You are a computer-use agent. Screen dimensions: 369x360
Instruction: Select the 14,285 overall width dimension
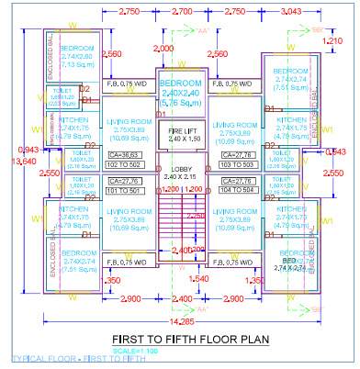[x=181, y=322]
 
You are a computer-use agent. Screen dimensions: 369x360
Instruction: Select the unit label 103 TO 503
[x=240, y=164]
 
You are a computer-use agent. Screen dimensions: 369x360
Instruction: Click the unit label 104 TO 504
[x=240, y=191]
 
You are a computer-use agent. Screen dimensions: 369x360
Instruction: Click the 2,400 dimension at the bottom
[x=182, y=299]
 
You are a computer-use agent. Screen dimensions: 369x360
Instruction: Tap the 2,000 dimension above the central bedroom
[x=164, y=48]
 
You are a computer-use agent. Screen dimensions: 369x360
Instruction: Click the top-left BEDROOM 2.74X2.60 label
[x=75, y=56]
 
